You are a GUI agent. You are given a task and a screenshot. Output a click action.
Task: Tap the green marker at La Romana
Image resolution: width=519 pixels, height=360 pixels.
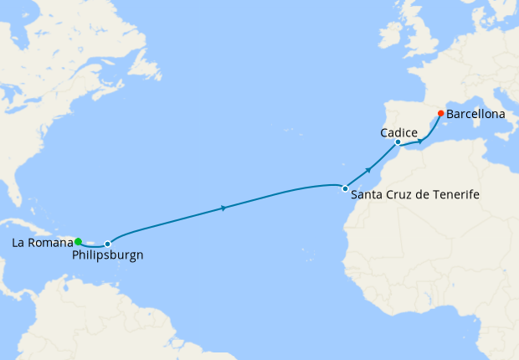[x=78, y=241]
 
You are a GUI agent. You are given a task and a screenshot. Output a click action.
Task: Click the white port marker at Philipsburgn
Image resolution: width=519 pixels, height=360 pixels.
[x=107, y=244]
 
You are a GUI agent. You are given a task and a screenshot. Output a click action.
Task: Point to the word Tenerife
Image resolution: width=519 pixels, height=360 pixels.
[x=452, y=194]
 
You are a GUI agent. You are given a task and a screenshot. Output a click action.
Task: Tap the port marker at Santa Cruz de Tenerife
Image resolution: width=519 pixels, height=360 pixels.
[x=344, y=188]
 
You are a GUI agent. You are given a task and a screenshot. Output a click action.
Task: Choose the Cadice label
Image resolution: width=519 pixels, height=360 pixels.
[x=398, y=132]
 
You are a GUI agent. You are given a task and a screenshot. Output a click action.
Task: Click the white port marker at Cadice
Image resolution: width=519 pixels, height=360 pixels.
[x=398, y=142]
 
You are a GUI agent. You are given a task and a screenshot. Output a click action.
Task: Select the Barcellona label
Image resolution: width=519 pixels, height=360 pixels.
[x=475, y=113]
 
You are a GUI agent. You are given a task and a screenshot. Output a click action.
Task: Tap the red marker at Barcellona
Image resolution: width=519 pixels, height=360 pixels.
[x=440, y=113]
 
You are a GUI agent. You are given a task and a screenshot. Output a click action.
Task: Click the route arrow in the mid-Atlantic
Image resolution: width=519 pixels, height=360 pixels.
[x=223, y=208]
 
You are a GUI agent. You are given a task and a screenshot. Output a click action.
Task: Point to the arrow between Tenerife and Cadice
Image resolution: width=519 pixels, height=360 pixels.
[x=368, y=169]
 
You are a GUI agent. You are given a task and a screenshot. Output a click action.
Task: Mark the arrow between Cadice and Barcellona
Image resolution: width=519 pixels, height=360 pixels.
[x=420, y=141]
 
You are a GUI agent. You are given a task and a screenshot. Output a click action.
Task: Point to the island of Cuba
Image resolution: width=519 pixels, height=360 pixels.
[x=33, y=224]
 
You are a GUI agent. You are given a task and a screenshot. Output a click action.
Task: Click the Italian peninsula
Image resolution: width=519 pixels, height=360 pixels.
[x=497, y=105]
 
